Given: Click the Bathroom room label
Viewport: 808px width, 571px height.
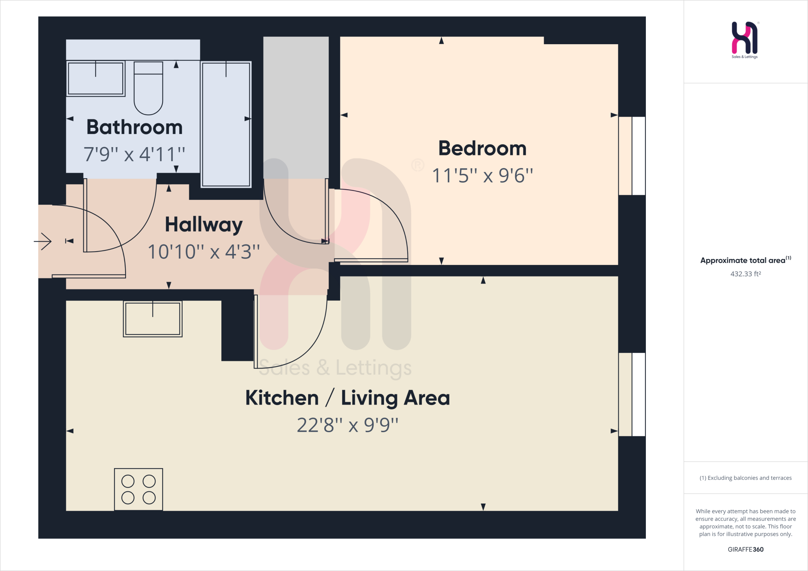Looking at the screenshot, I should point(135,127).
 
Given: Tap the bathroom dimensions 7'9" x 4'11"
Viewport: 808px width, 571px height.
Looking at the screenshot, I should point(134,154).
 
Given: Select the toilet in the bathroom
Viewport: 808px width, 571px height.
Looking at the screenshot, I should point(148,88).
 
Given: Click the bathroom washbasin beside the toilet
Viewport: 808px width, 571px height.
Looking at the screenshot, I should point(95,78).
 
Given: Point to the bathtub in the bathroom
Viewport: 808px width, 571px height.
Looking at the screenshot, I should point(226,124).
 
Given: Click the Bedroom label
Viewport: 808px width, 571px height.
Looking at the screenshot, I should point(482,149).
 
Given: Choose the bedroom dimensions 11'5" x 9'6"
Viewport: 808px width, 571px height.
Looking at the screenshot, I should point(482,175).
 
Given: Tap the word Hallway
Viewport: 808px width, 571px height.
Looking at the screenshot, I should point(204,225).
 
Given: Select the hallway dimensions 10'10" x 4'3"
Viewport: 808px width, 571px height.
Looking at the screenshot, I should point(204,252).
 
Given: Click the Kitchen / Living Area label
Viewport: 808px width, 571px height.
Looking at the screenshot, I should point(348,398).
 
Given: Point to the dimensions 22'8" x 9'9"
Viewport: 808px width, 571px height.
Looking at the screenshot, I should point(348,425).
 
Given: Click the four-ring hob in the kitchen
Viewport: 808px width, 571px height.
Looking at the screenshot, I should point(138,489).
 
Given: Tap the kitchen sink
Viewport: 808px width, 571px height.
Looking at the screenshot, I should point(153,319).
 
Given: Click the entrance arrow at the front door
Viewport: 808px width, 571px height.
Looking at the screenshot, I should point(43,241).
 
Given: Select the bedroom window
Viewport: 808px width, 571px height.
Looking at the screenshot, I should point(632,156).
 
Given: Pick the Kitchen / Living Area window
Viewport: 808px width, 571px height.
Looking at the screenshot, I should point(632,394).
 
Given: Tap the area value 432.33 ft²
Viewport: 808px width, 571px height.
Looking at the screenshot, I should point(745,274).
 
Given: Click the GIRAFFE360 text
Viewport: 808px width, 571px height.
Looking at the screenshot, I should point(745,549).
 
